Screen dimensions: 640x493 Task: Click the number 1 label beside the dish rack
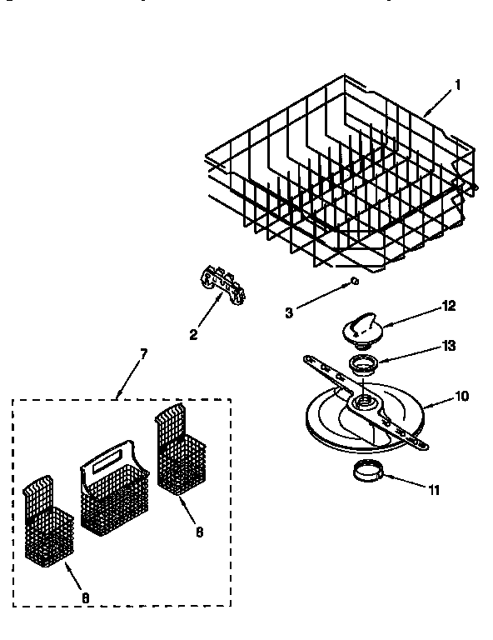[456, 85]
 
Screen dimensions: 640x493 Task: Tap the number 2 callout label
[193, 335]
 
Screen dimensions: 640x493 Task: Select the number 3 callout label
[289, 312]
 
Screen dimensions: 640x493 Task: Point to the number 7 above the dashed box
[142, 353]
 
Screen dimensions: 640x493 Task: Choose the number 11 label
[433, 489]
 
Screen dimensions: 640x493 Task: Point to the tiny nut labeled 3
[354, 282]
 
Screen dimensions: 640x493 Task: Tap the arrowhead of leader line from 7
[118, 394]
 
